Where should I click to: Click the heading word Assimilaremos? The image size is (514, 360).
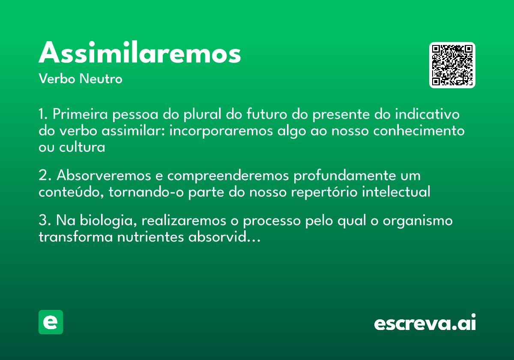point(140,53)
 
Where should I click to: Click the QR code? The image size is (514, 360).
point(452,65)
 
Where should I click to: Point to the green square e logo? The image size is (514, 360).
point(51,322)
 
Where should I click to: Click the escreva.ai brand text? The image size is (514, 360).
point(425,323)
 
